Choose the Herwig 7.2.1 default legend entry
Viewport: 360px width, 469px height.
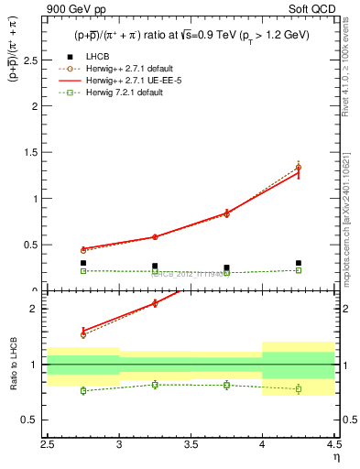pyautogui.click(x=122, y=93)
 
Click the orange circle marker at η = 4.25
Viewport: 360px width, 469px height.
pyautogui.click(x=299, y=168)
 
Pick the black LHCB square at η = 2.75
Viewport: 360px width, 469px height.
pyautogui.click(x=83, y=263)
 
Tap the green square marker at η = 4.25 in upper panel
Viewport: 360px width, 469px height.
pyautogui.click(x=299, y=270)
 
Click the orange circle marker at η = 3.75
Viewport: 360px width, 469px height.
pyautogui.click(x=227, y=213)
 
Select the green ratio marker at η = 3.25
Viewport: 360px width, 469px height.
pyautogui.click(x=155, y=385)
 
